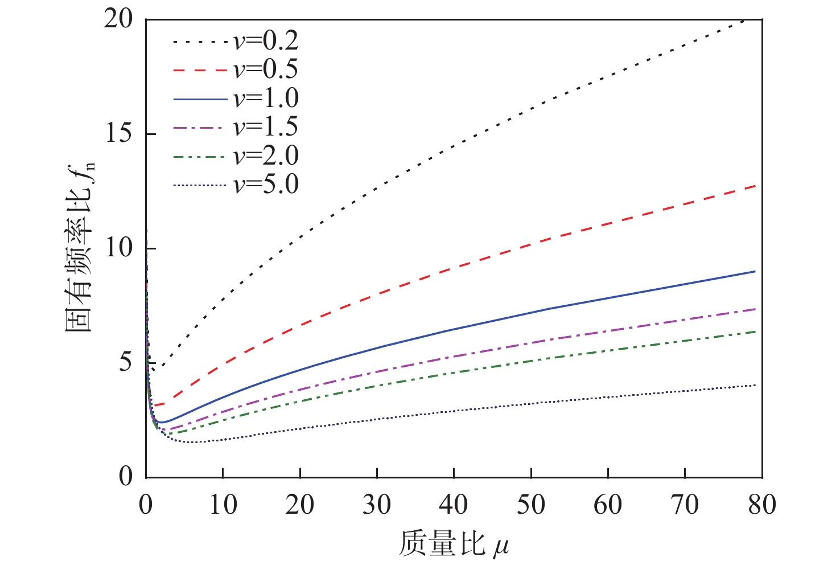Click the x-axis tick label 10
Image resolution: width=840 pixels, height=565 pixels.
[223, 505]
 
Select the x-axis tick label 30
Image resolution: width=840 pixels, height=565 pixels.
[377, 505]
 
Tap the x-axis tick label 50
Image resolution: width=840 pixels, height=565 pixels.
[531, 505]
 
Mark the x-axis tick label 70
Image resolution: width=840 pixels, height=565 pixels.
[685, 505]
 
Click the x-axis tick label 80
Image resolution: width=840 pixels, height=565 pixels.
[761, 505]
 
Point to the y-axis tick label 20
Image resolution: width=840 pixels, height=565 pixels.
[118, 19]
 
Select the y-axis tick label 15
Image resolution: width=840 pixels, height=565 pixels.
[118, 134]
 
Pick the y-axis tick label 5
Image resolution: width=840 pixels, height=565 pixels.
[126, 363]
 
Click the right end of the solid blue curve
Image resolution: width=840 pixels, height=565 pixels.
[755, 271]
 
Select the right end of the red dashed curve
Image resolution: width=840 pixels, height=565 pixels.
[755, 186]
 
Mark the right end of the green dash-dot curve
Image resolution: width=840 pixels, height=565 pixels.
[755, 331]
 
